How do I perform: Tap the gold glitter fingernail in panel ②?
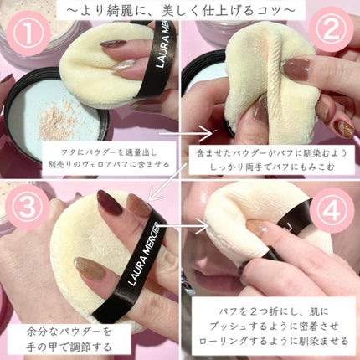(344, 128)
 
